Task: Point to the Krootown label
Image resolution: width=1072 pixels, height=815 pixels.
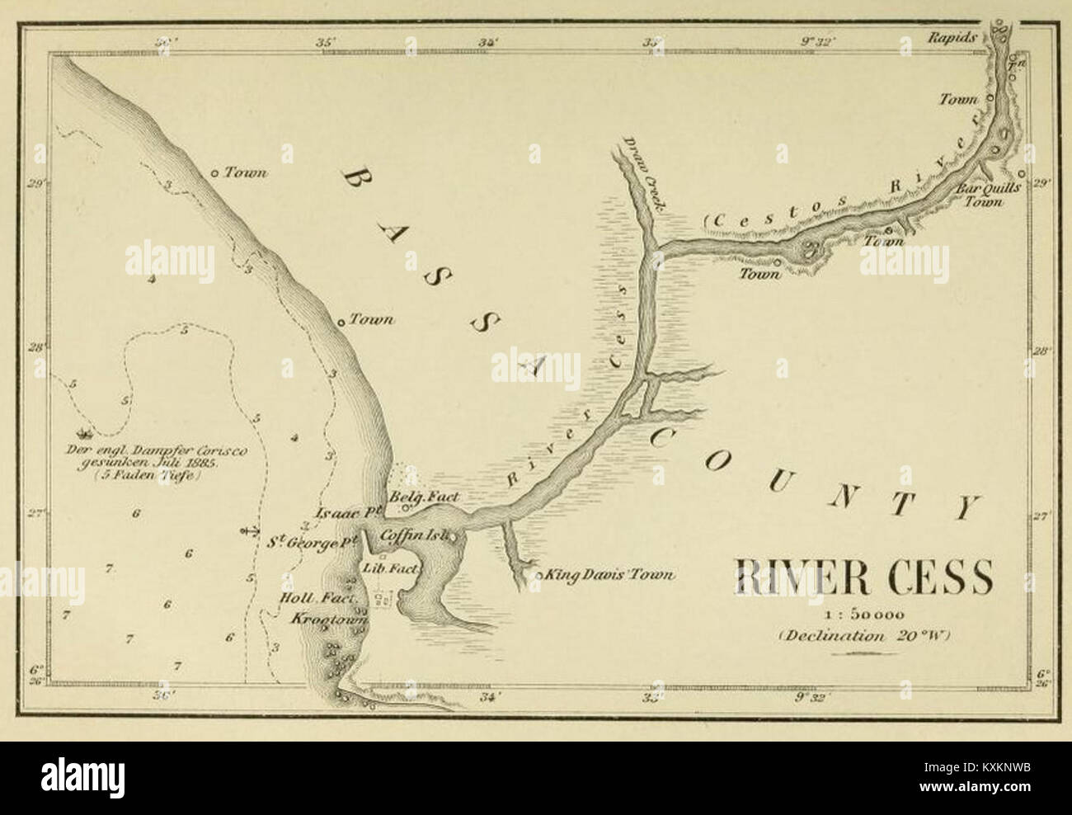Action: pyautogui.click(x=318, y=618)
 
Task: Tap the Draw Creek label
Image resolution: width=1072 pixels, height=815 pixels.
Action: pyautogui.click(x=646, y=176)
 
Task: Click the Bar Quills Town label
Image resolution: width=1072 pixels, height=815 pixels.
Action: pyautogui.click(x=989, y=194)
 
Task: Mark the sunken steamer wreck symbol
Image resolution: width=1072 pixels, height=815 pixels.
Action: pyautogui.click(x=82, y=431)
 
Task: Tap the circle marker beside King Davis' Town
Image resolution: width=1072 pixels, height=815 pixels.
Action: pyautogui.click(x=538, y=575)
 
